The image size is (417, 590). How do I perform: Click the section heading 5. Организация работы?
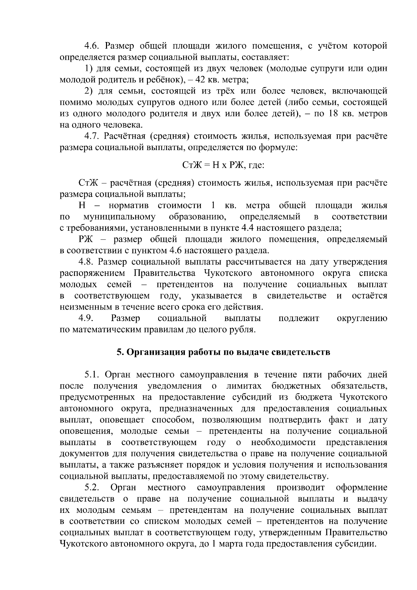(x=223, y=352)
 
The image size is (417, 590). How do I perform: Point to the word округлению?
(x=362, y=318)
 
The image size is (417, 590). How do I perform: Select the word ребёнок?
(x=164, y=80)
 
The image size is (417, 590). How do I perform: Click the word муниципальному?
(x=120, y=217)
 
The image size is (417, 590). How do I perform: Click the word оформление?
(x=361, y=488)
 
